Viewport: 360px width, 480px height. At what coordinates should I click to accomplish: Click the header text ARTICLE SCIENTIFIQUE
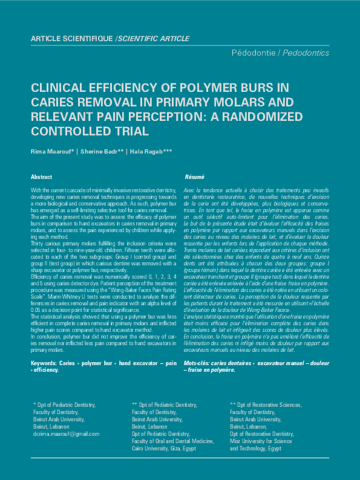click(71, 39)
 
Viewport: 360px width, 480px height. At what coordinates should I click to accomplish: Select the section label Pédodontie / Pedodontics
click(280, 53)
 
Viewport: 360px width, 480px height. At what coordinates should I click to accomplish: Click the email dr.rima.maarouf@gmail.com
click(67, 434)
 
